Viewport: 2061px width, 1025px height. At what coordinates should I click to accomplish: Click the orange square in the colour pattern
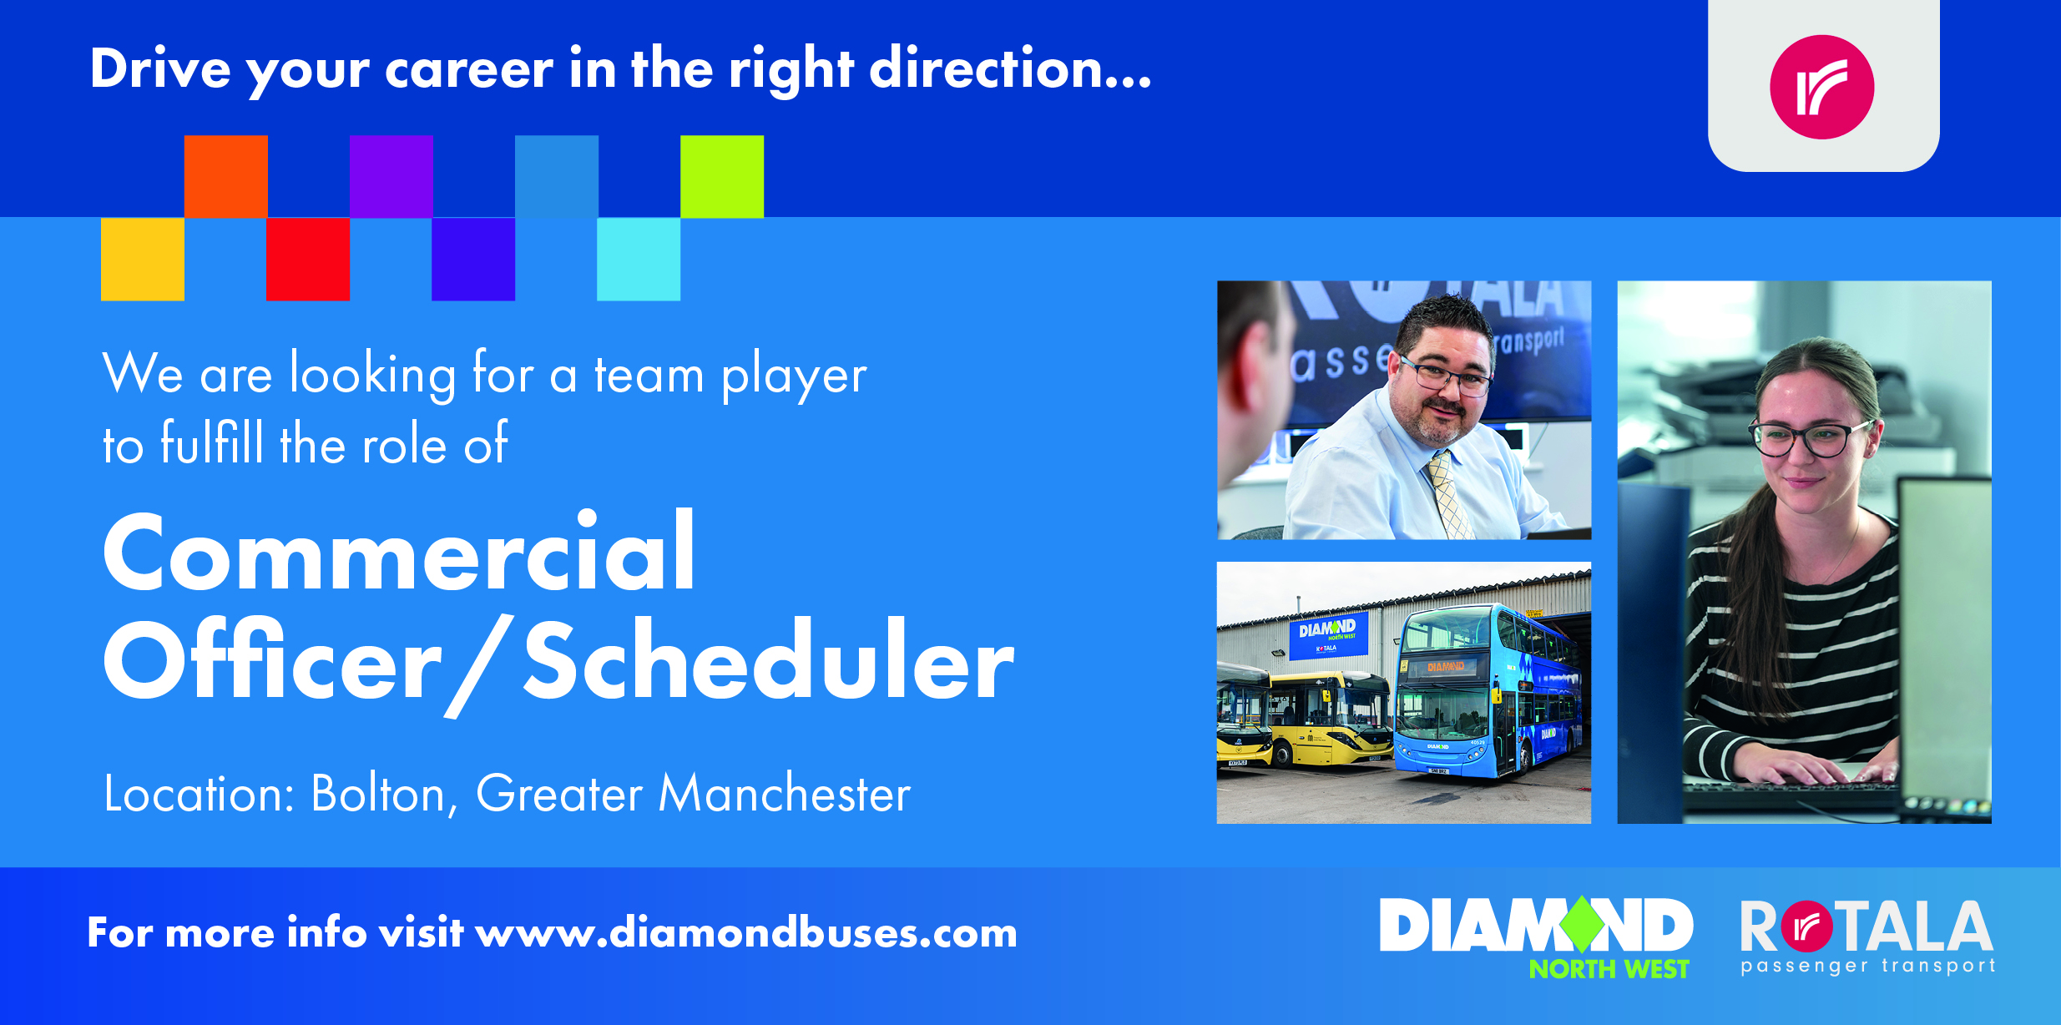226,176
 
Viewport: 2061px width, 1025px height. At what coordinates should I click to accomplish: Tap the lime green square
722,176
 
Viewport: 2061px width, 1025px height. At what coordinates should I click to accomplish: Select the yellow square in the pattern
143,259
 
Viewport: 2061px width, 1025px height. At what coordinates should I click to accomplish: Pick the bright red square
308,259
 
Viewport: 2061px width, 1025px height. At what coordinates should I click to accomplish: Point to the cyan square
639,259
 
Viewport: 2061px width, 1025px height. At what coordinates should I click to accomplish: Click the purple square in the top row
391,176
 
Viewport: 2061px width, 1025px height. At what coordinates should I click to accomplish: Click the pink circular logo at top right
1822,87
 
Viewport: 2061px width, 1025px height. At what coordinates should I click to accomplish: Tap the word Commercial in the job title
399,553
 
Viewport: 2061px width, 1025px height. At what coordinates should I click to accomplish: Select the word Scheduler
769,660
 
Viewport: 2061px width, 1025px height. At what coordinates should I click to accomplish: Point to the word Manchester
785,792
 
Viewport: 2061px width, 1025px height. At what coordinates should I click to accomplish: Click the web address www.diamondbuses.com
746,932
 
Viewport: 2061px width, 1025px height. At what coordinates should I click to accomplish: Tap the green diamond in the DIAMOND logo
1582,924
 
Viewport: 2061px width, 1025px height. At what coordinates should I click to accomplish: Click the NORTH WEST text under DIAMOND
1609,969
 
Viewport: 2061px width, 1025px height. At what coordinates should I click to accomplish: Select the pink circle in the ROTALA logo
1807,927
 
